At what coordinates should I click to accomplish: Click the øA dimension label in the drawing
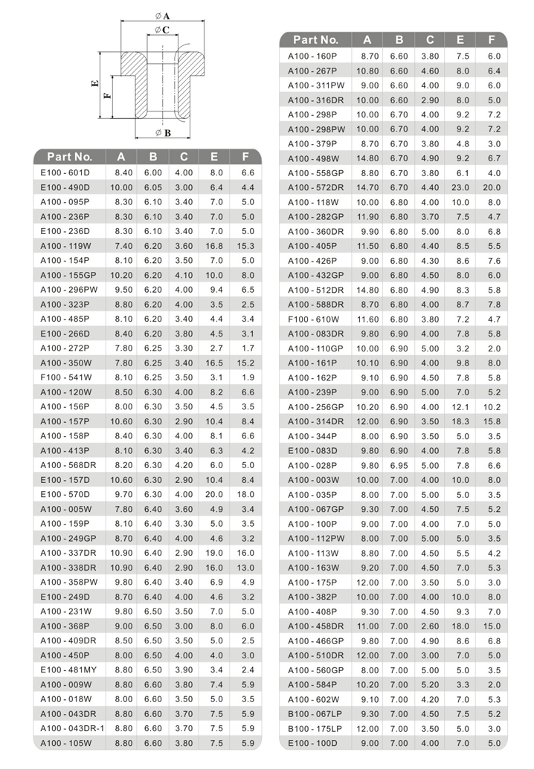(162, 16)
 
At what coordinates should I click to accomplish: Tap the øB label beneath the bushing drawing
(164, 132)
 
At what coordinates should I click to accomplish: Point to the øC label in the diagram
(163, 30)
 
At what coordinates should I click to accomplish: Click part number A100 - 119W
(65, 246)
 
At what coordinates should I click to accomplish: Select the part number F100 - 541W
(65, 377)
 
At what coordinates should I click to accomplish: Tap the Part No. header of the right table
(316, 40)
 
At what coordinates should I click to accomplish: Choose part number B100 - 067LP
(315, 714)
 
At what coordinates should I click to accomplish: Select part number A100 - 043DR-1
(71, 728)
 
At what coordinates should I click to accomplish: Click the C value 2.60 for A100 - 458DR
(430, 626)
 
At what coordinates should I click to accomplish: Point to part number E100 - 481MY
(68, 669)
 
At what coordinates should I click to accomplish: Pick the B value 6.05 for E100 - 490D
(153, 187)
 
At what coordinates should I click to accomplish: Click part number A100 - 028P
(312, 465)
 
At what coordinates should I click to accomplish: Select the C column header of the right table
(430, 40)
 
